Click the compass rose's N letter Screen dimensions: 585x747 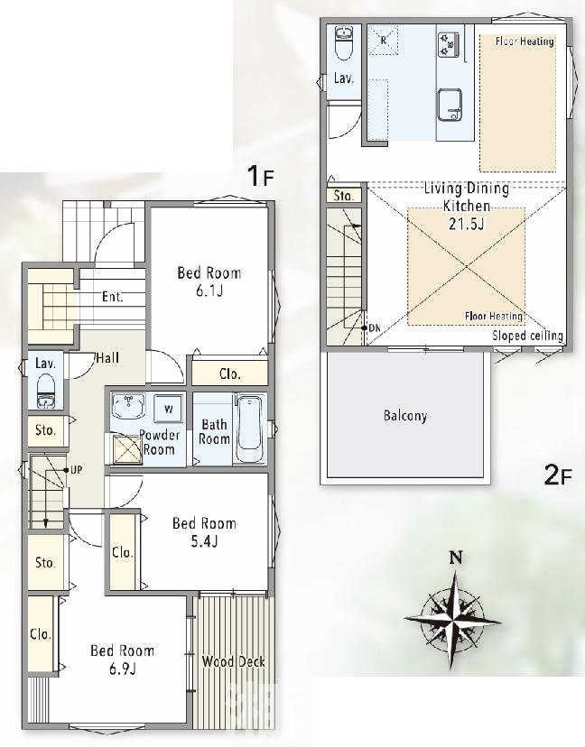pos(456,558)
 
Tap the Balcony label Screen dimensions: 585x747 pos(405,416)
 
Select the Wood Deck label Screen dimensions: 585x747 pos(233,661)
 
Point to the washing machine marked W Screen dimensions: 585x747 pos(168,409)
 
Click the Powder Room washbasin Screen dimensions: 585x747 pos(127,406)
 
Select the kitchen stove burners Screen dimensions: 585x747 pos(449,44)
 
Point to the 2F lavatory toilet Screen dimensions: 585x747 pos(343,44)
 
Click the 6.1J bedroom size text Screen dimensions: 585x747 pos(209,291)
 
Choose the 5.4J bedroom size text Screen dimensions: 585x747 pos(204,541)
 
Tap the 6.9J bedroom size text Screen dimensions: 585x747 pos(123,669)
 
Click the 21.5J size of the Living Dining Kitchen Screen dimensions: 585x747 pos(466,224)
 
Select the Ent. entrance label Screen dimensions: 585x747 pos(113,297)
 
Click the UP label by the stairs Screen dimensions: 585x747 pos(76,470)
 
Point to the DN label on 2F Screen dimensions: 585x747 pos(375,327)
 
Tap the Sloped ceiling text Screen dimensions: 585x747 pos(528,336)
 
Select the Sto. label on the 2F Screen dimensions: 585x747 pos(344,196)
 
